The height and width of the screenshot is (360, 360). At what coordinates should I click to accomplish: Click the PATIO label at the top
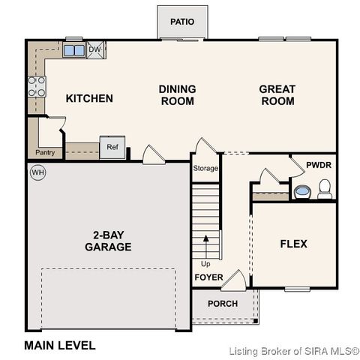click(x=182, y=22)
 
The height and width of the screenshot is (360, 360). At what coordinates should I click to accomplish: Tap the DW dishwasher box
click(x=94, y=50)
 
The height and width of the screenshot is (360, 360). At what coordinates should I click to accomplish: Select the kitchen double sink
click(x=74, y=51)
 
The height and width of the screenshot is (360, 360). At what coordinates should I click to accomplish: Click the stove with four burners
click(x=36, y=87)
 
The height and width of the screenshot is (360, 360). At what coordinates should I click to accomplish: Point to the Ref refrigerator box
click(x=112, y=147)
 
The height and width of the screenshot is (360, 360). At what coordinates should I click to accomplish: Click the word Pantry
click(x=44, y=153)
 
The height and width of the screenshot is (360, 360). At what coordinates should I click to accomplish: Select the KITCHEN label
click(x=89, y=98)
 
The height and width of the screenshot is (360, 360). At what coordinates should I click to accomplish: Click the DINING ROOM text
click(x=177, y=94)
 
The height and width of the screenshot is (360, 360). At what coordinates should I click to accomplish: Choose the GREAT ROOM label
click(x=277, y=94)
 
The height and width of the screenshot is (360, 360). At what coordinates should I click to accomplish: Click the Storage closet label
click(x=205, y=168)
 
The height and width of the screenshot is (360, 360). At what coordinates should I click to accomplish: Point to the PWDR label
click(x=319, y=165)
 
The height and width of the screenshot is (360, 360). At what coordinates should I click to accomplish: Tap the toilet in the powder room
click(x=325, y=190)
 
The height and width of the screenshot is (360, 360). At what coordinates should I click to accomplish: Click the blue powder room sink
click(x=301, y=192)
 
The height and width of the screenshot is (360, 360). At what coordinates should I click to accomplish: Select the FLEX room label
click(x=293, y=244)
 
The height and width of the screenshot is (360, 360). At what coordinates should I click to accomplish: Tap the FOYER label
click(x=208, y=277)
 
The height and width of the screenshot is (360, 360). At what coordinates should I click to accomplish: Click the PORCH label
click(x=222, y=304)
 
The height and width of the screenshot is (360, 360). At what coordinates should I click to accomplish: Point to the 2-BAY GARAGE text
click(x=108, y=240)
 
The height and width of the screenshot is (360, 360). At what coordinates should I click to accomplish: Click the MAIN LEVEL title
click(x=60, y=346)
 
